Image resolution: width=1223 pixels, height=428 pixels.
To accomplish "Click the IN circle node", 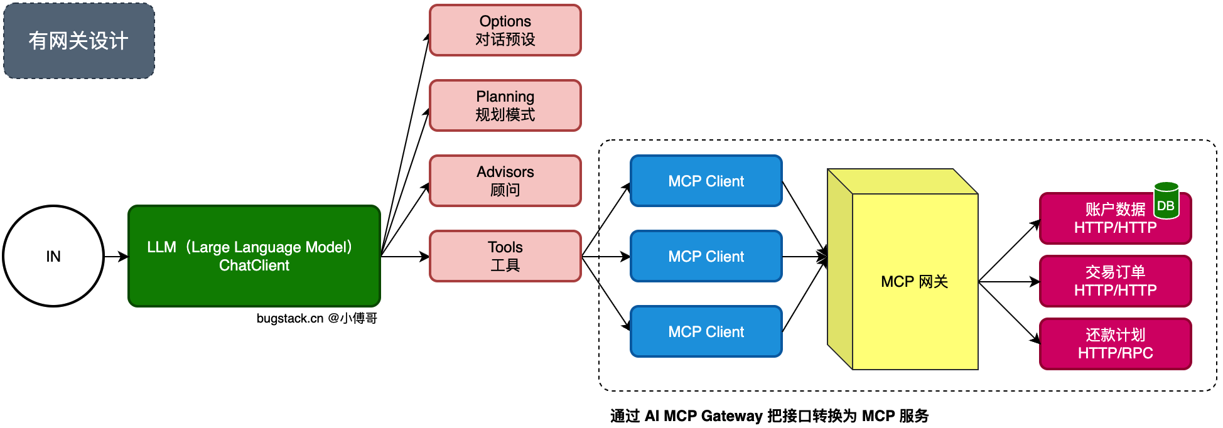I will click(53, 256).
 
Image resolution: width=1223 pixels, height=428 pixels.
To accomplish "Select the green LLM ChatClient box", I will click(254, 256).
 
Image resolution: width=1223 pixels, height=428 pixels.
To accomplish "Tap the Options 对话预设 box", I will click(505, 30).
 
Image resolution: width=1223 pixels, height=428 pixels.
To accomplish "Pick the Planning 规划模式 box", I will click(505, 105).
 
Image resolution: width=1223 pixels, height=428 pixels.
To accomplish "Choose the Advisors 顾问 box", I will click(505, 181).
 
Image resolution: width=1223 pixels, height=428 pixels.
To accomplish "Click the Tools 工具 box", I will click(505, 256).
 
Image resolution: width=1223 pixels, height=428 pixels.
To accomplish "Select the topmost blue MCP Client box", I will click(706, 181).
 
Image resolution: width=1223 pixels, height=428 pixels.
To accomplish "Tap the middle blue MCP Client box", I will click(706, 256).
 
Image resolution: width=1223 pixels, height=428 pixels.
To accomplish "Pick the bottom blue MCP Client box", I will click(706, 331).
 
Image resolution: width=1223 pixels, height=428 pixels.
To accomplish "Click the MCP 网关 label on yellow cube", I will click(914, 282).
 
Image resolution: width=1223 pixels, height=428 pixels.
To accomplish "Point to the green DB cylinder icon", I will click(1166, 201).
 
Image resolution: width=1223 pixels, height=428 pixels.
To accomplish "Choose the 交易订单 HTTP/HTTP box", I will click(1116, 281).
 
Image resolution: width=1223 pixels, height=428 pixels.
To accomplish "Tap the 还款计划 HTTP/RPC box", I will click(1116, 344).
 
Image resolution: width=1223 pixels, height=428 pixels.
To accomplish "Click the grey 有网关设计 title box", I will click(79, 41).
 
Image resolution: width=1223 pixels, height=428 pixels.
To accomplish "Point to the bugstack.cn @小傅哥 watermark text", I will click(316, 318).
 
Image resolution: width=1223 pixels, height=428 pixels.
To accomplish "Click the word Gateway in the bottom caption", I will click(731, 416).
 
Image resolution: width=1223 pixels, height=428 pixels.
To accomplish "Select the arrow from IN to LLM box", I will click(116, 256).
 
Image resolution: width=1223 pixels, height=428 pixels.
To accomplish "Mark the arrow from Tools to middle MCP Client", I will click(606, 256).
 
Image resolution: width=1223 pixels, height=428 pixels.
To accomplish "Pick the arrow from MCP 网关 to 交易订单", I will click(1009, 282).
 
